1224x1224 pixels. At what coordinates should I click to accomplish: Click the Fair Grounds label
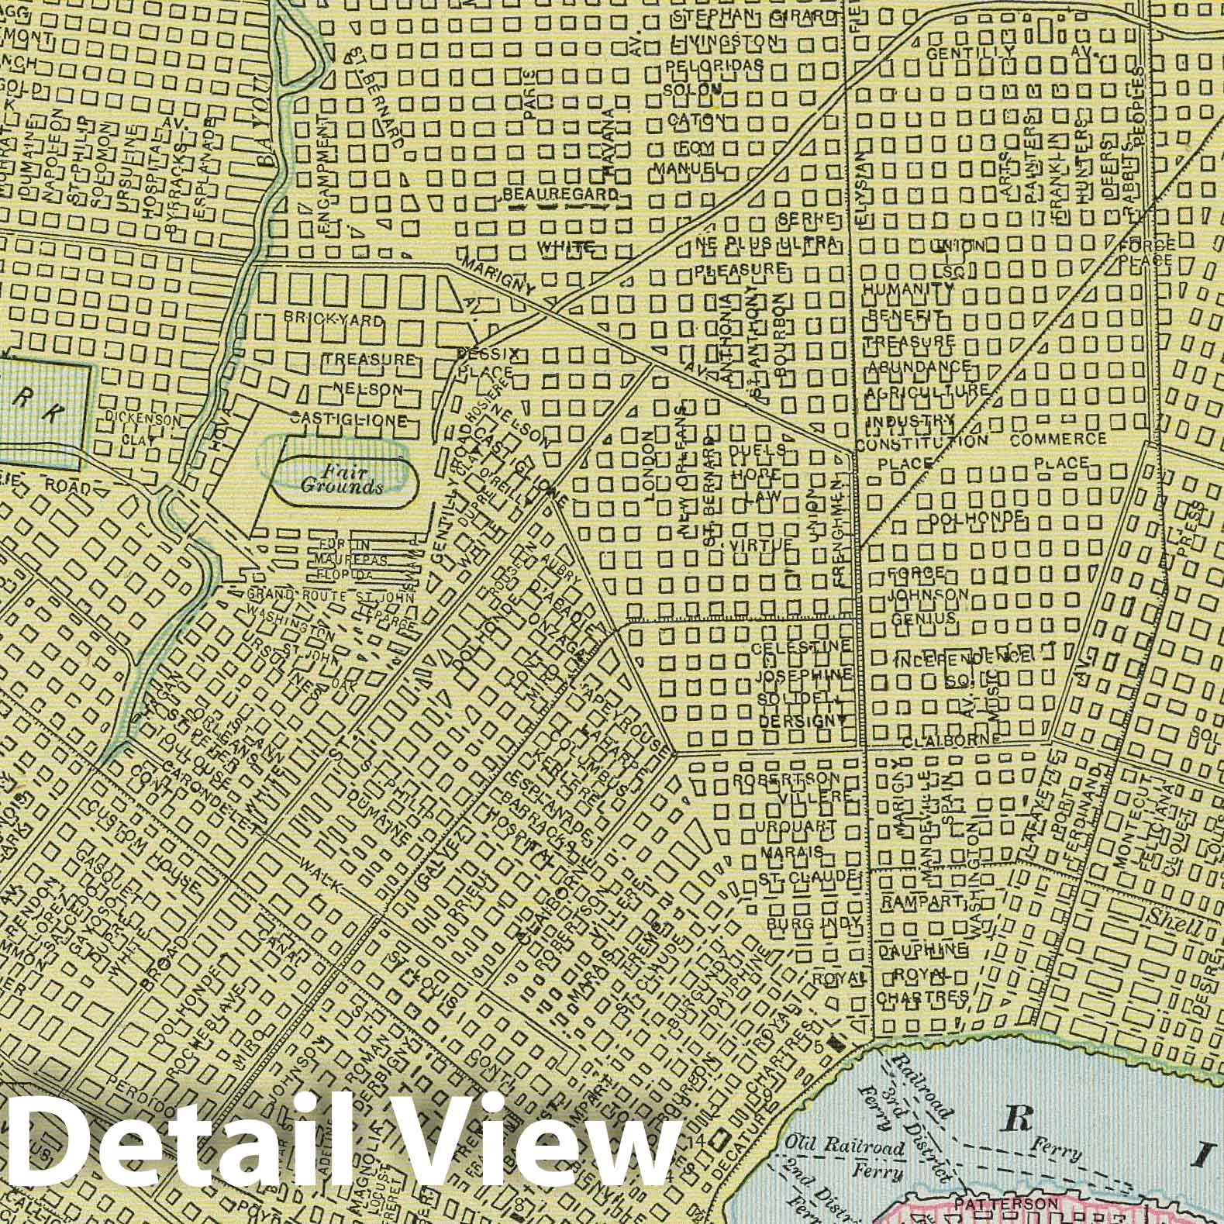(x=342, y=480)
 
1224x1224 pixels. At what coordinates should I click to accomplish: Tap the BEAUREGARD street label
(x=560, y=194)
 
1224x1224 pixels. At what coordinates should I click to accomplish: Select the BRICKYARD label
(x=333, y=319)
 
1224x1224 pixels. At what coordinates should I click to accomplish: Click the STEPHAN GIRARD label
(x=744, y=16)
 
